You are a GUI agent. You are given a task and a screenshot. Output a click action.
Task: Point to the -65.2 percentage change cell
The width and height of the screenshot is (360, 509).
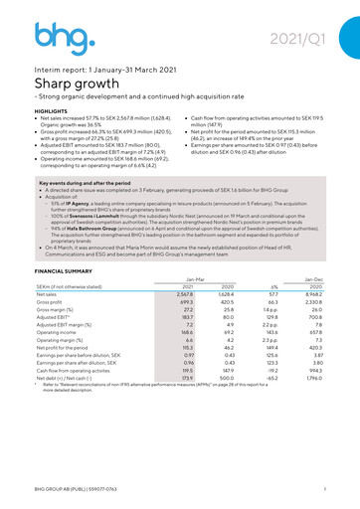point(277,380)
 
